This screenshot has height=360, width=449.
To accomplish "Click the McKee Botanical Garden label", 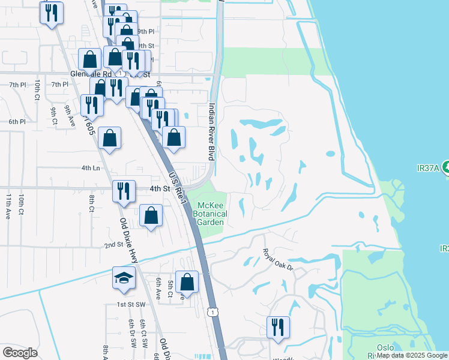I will click(x=211, y=214).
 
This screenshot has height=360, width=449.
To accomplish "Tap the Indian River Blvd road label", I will click(x=211, y=131).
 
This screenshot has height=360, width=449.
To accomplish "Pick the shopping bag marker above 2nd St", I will click(x=151, y=215).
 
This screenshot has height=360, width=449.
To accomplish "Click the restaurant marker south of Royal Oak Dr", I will click(x=278, y=327).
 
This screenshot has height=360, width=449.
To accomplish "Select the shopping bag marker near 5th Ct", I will click(x=187, y=282).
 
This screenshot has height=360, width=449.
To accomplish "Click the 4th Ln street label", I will click(x=91, y=168).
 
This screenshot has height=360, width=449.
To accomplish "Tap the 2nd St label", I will click(x=113, y=245).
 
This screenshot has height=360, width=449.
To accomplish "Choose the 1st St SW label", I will click(x=131, y=305).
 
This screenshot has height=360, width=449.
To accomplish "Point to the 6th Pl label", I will click(x=17, y=122).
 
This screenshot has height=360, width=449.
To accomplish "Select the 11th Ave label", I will click(x=8, y=206).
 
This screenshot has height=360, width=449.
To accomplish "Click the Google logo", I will click(x=20, y=353).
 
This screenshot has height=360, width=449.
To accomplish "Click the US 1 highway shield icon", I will click(x=212, y=311).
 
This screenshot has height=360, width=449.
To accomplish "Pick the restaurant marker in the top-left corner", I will click(x=52, y=12).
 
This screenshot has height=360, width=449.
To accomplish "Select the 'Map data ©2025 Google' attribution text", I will click(x=412, y=355).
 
